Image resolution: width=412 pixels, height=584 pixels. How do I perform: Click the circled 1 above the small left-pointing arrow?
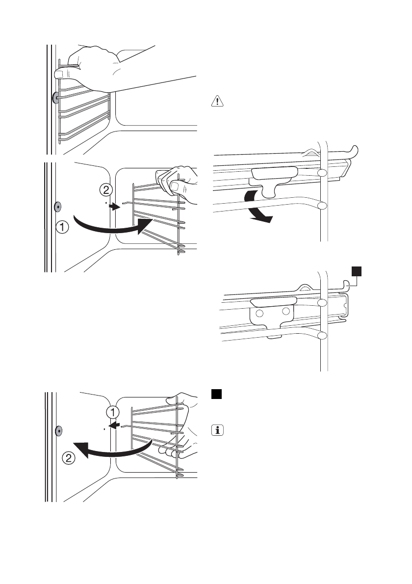tap(113, 411)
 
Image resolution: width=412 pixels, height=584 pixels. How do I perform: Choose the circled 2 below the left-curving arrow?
tap(70, 459)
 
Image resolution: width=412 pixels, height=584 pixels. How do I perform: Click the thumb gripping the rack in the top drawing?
tap(60, 74)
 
